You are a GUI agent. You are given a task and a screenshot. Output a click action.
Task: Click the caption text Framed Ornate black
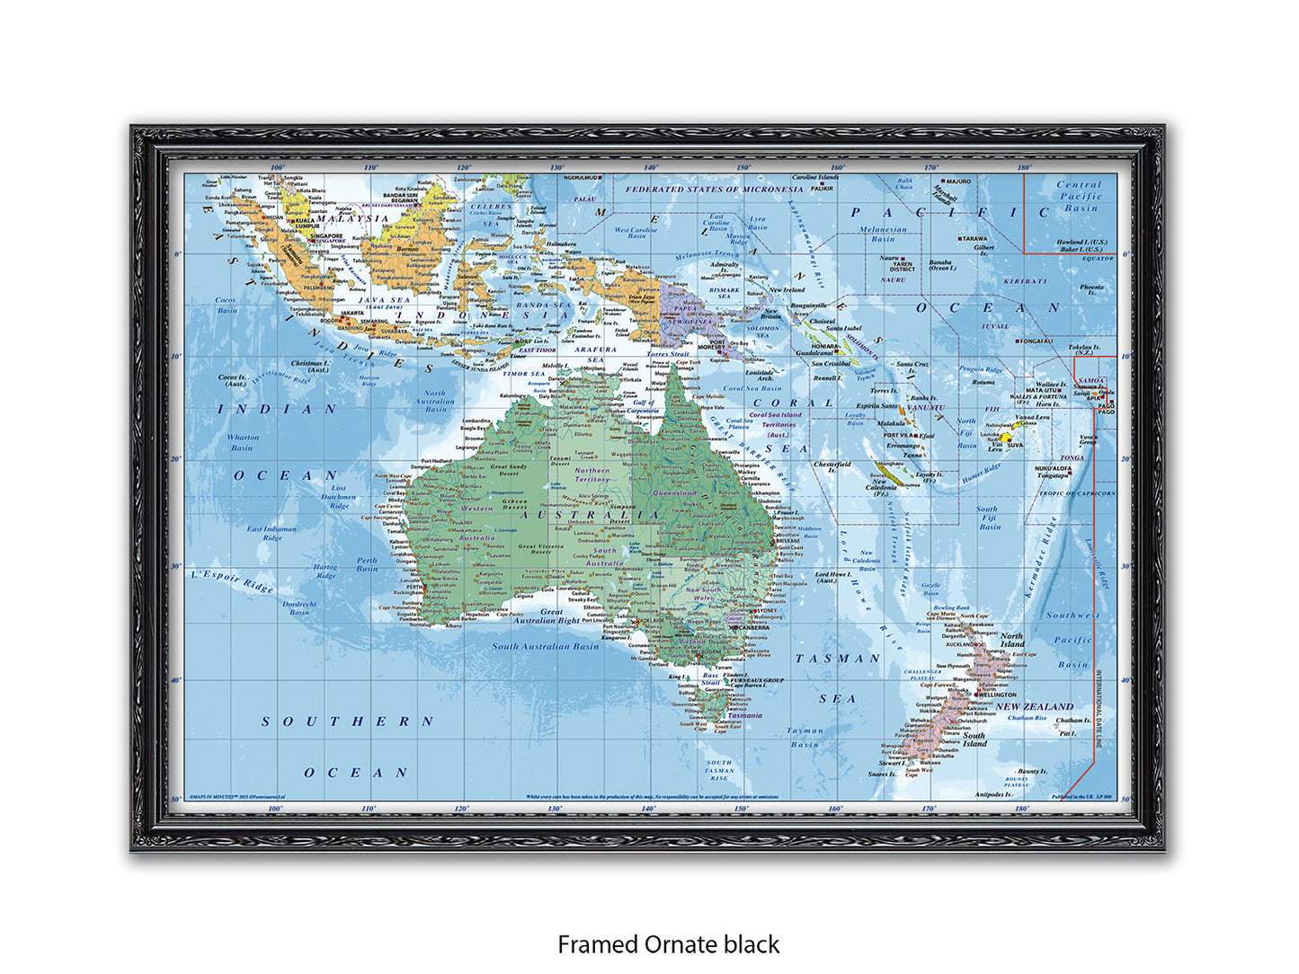[x=668, y=944]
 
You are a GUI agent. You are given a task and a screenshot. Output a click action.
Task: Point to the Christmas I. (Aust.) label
[x=310, y=367]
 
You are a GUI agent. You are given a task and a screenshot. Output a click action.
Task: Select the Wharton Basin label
[x=243, y=442]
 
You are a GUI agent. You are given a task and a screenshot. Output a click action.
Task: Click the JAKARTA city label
[x=326, y=314]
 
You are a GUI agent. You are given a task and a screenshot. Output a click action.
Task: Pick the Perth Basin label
[x=367, y=564]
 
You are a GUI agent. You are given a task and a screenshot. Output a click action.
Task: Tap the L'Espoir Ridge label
[x=232, y=580]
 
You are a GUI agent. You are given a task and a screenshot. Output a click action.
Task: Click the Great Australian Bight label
[x=547, y=615]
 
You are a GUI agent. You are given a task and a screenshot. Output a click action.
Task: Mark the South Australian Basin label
[x=545, y=646]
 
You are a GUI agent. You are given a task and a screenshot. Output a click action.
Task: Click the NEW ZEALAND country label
[x=1034, y=706]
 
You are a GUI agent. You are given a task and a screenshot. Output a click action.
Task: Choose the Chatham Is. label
[x=1072, y=721]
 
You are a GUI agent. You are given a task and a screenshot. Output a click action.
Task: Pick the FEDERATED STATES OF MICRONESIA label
[x=714, y=190]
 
